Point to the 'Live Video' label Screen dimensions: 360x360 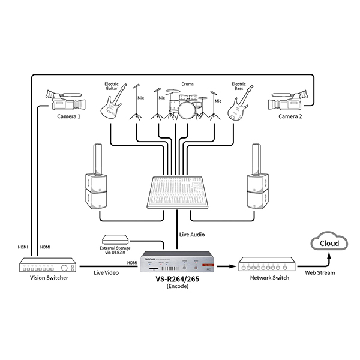(x=106, y=273)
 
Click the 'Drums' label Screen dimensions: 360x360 (x=187, y=85)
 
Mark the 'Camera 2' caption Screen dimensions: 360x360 (x=290, y=116)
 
